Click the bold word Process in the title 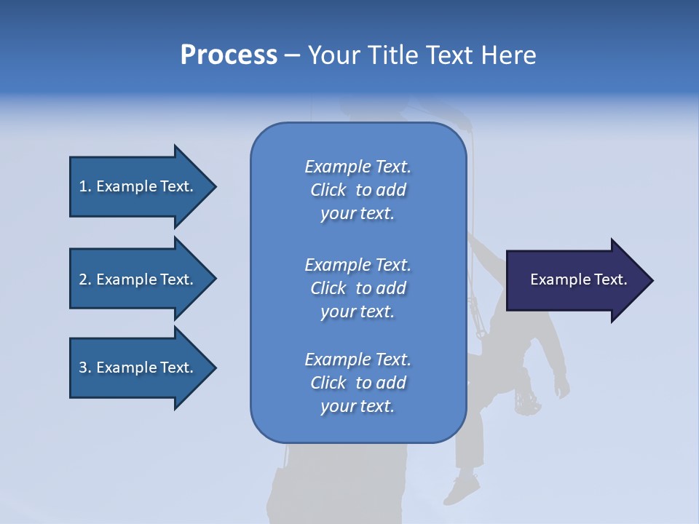click(x=229, y=55)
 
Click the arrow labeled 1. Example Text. click(x=138, y=186)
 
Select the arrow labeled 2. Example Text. click(x=138, y=279)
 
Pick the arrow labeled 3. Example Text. click(x=138, y=368)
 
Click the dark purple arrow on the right click(x=575, y=280)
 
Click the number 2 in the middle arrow click(x=83, y=279)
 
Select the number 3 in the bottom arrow click(x=83, y=368)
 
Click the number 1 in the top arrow click(x=83, y=186)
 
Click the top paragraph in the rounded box click(x=358, y=190)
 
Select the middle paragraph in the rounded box click(x=358, y=288)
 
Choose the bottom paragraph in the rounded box click(x=358, y=383)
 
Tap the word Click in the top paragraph click(x=328, y=190)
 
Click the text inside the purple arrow click(x=578, y=279)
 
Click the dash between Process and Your click(x=292, y=55)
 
